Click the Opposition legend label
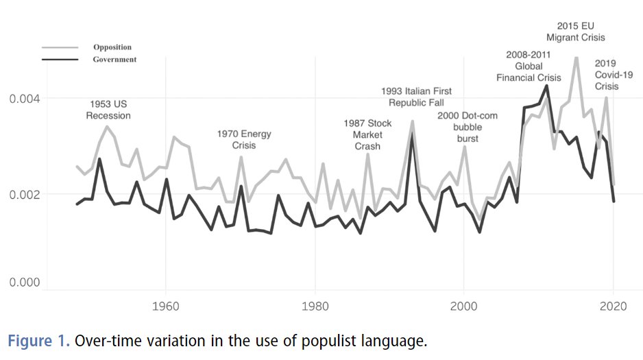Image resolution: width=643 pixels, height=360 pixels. [x=112, y=47]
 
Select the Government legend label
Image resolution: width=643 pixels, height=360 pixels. [x=114, y=60]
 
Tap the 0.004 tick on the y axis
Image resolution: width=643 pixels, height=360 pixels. [x=23, y=99]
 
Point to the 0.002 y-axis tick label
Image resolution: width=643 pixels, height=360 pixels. [x=23, y=194]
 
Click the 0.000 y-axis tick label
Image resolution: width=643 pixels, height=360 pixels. [x=23, y=283]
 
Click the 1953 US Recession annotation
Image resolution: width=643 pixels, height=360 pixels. [x=108, y=110]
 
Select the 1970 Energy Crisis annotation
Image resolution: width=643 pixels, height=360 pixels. [x=244, y=139]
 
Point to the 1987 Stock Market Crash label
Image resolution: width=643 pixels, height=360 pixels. [x=367, y=134]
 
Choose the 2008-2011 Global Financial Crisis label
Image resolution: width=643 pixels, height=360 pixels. [x=529, y=66]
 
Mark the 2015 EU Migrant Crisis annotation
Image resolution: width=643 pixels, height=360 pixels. [x=576, y=32]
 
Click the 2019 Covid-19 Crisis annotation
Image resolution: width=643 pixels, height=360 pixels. [x=606, y=75]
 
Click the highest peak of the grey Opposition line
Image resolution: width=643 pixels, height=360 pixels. [x=577, y=58]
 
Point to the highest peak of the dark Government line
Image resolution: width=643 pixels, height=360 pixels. [x=546, y=86]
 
